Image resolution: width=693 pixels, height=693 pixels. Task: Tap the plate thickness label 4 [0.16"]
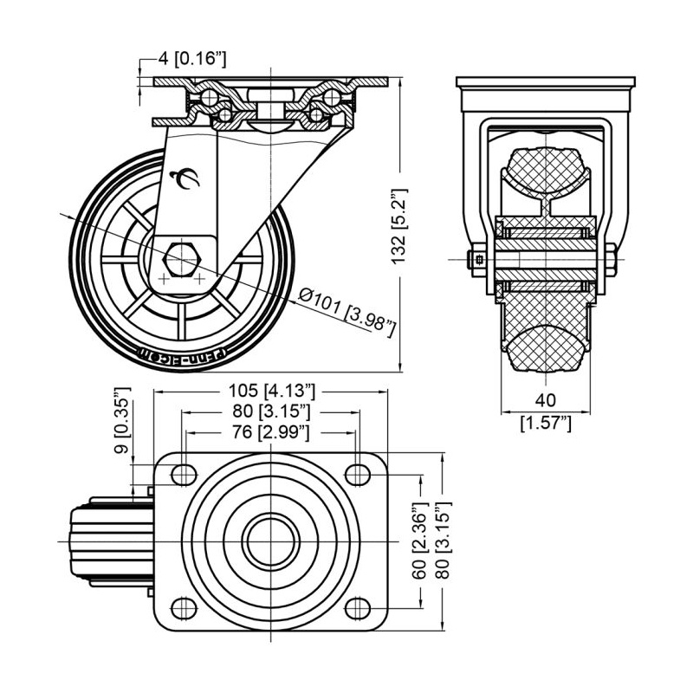click(191, 59)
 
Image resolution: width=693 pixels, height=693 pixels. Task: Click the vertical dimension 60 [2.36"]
click(420, 541)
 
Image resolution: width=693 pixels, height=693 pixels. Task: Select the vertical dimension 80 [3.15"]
click(444, 541)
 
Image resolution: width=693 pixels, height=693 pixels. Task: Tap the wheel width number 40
click(546, 400)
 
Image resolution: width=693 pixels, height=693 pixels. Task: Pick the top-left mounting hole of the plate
click(183, 474)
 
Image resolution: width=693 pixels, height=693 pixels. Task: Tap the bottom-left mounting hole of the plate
click(183, 606)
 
